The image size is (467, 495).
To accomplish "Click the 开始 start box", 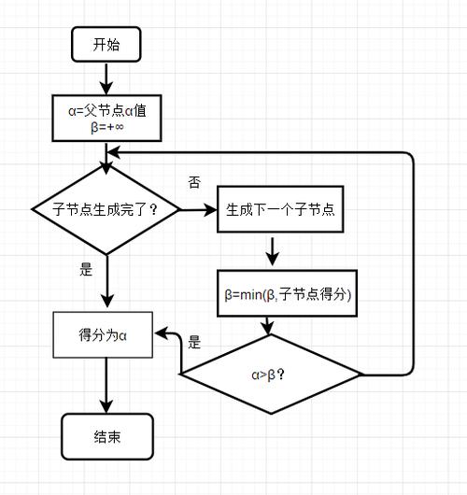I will [x=106, y=43].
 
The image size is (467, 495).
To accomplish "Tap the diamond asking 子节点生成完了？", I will [x=107, y=209].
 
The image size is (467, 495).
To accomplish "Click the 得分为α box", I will [x=103, y=333].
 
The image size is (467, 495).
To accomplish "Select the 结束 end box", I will [x=106, y=437].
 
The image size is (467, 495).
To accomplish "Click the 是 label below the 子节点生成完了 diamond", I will [x=87, y=269].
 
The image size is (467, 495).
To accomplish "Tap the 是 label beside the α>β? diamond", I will [x=194, y=342].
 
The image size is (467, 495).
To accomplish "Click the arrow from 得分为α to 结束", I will [x=106, y=386].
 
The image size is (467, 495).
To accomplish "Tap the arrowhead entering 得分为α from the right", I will [x=161, y=333].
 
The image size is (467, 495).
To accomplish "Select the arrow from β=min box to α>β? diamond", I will [x=271, y=325].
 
